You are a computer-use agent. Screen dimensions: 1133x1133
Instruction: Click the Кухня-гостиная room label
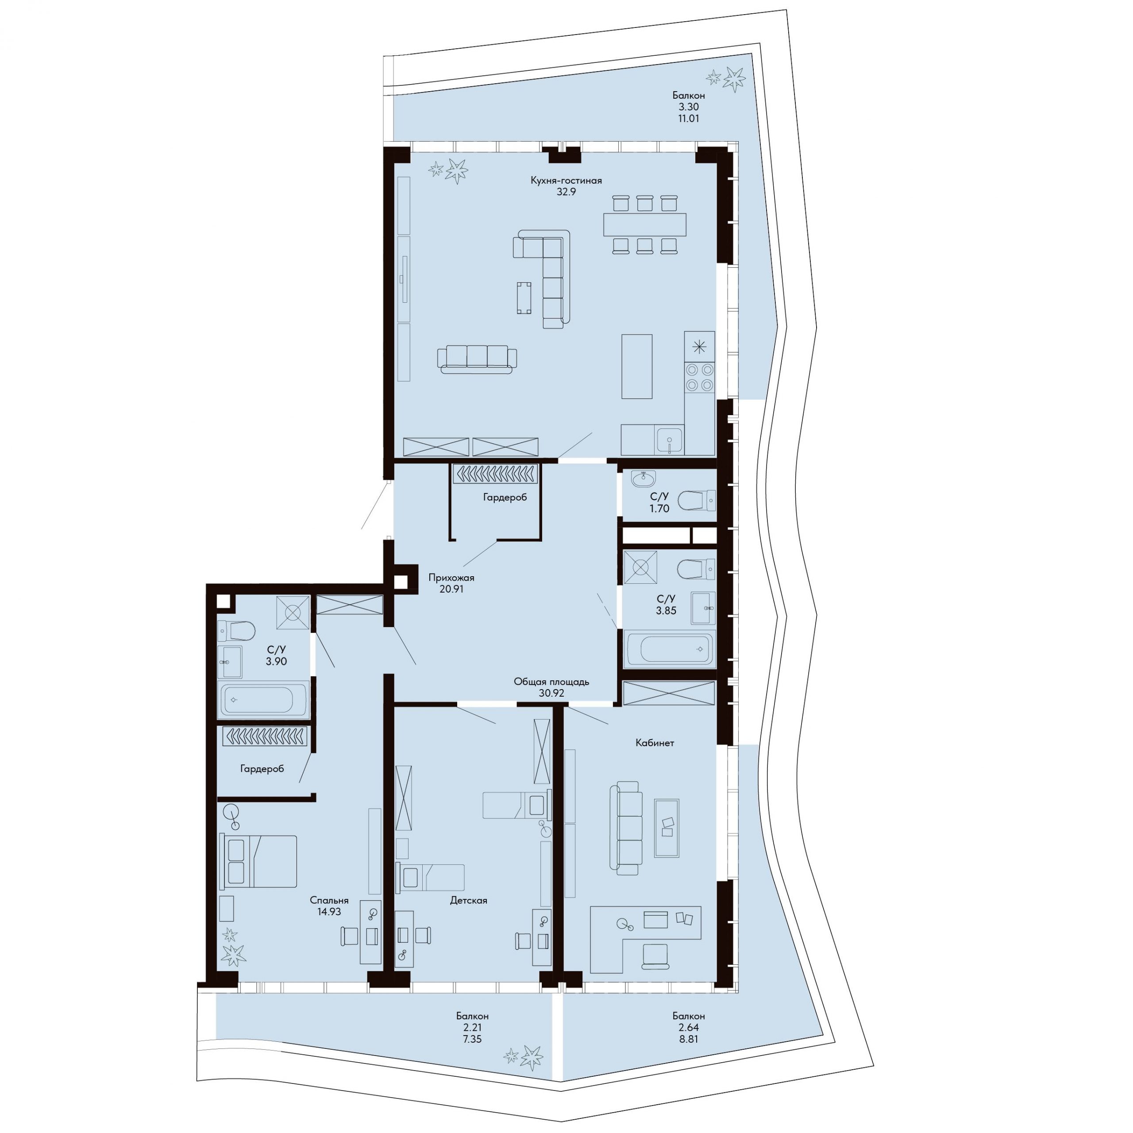tap(566, 181)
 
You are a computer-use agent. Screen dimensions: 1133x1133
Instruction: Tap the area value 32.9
tap(566, 192)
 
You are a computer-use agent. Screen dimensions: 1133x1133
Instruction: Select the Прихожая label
tap(451, 578)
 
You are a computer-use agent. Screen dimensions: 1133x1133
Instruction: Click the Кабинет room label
tap(655, 743)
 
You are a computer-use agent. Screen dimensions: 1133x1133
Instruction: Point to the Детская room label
tap(469, 900)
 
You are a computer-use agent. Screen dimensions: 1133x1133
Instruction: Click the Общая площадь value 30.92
tap(551, 693)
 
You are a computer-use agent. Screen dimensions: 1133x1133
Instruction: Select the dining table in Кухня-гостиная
tap(644, 224)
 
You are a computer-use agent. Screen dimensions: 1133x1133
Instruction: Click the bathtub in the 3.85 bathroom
tap(669, 650)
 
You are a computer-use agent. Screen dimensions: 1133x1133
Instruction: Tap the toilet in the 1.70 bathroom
tap(697, 501)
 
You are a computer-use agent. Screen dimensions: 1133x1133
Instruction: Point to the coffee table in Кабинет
tap(667, 828)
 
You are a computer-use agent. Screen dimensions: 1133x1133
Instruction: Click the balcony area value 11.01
tap(689, 118)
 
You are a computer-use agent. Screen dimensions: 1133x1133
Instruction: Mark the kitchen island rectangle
tap(637, 366)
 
